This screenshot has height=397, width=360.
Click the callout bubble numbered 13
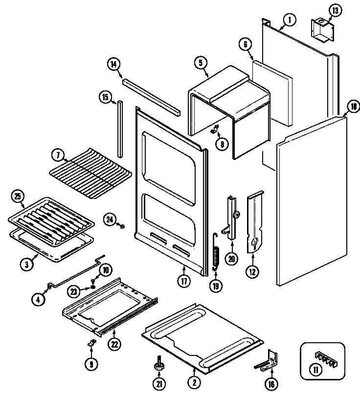[x=335, y=11]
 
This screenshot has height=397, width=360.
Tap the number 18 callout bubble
[x=352, y=107]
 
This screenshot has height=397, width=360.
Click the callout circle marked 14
[x=113, y=64]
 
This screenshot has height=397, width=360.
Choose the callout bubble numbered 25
[x=17, y=197]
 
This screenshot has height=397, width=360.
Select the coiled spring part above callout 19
[x=215, y=252]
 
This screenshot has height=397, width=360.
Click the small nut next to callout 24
[x=122, y=226]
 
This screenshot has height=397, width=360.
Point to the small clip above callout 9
[x=90, y=344]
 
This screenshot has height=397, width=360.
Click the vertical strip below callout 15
[x=119, y=127]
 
